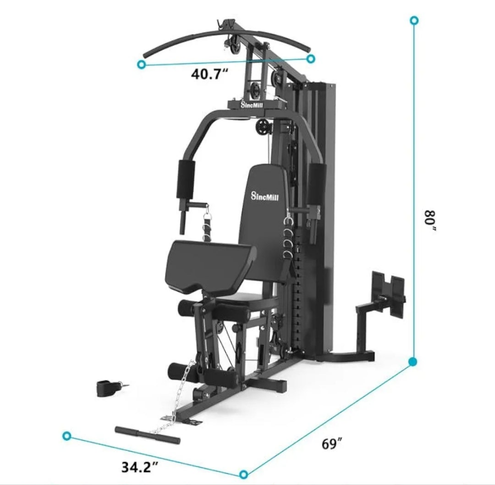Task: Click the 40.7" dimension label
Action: (209, 74)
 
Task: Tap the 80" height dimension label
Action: (430, 221)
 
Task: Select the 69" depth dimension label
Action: (332, 443)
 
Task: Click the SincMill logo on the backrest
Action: (265, 196)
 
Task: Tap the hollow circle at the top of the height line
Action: (414, 21)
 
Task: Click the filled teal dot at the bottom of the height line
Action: (413, 362)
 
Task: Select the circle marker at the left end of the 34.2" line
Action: (67, 436)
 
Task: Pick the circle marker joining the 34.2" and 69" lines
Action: (243, 474)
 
